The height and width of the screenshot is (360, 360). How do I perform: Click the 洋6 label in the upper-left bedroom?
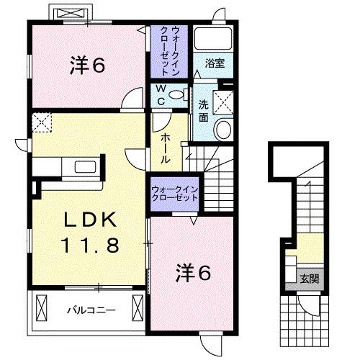pos(88,66)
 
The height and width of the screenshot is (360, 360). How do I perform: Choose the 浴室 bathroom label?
pos(214,63)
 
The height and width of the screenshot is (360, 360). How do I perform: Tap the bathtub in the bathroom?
pos(215,40)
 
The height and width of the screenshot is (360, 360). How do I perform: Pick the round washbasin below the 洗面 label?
pos(223,130)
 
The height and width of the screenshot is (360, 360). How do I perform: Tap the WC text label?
pos(162,96)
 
